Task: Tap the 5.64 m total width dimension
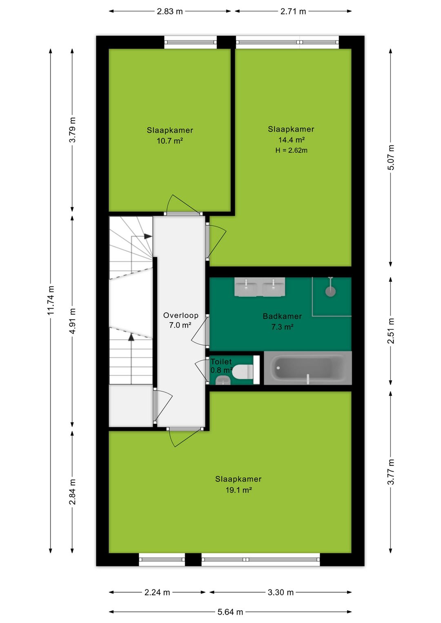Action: [x=230, y=612]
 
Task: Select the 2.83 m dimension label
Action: [x=170, y=11]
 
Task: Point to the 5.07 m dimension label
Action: [x=391, y=158]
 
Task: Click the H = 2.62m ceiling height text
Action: [x=291, y=151]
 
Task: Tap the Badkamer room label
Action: [x=282, y=316]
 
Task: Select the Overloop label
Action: [x=180, y=315]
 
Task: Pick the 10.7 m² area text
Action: [x=170, y=141]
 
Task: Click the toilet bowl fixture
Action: [x=243, y=372]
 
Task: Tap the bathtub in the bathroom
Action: [x=308, y=368]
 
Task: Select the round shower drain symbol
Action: [x=330, y=291]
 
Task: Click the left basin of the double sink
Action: [x=246, y=287]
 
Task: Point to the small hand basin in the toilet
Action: [x=223, y=380]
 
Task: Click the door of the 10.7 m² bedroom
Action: [x=183, y=205]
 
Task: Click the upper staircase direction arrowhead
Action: [x=148, y=236]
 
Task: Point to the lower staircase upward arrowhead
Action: [x=131, y=337]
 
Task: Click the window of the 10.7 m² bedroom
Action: [x=190, y=42]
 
